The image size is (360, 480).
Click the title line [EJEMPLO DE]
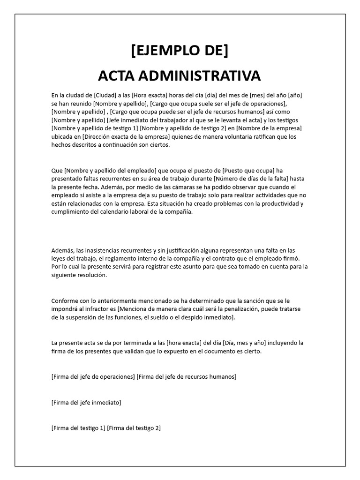pos(180,50)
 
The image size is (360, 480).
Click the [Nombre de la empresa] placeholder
pos(269,128)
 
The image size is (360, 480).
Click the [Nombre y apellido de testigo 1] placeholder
pos(95,128)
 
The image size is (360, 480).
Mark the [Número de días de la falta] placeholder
pos(252,179)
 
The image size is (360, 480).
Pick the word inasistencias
pos(102,250)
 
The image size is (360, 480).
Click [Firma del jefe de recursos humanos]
pos(187,376)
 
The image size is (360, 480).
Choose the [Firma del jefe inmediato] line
pos(86,402)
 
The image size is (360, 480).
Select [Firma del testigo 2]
pos(134,427)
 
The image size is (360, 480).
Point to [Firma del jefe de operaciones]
pos(93,376)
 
